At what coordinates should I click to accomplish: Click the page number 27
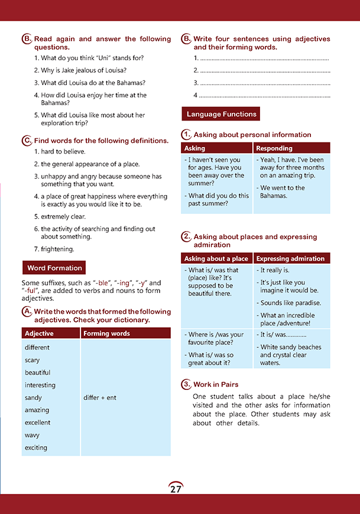[176, 489]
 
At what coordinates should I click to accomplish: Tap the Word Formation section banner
[54, 268]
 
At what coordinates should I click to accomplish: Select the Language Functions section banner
[221, 114]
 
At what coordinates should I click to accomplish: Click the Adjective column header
[39, 333]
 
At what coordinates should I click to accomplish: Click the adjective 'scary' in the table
[33, 360]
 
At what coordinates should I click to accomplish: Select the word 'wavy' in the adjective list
[33, 435]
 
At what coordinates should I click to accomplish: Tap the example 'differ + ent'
[100, 398]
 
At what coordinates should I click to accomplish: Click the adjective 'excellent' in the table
[37, 422]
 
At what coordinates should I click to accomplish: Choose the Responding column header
[274, 148]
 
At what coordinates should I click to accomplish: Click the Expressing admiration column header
[290, 258]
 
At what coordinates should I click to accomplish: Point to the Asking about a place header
[216, 258]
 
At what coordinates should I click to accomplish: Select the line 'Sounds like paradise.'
[290, 302]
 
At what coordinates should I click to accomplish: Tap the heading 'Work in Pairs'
[216, 385]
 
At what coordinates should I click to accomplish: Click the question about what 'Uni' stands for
[89, 57]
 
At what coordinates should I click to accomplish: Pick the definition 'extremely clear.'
[60, 216]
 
